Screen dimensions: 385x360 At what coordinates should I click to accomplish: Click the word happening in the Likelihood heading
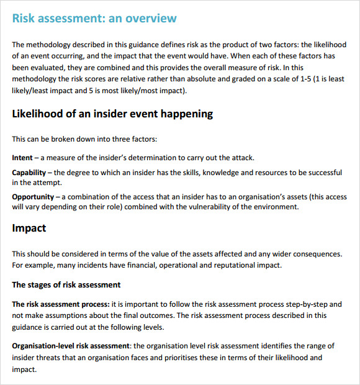[x=187, y=114]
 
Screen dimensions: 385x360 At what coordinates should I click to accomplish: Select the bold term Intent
[x=22, y=158]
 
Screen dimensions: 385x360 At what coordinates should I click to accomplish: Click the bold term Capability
[x=29, y=172]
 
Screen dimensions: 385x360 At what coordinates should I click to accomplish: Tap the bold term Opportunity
[x=33, y=197]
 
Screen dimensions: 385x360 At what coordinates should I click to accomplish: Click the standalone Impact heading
[x=29, y=228]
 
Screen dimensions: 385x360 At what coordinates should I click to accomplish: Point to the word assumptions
[x=56, y=315]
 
